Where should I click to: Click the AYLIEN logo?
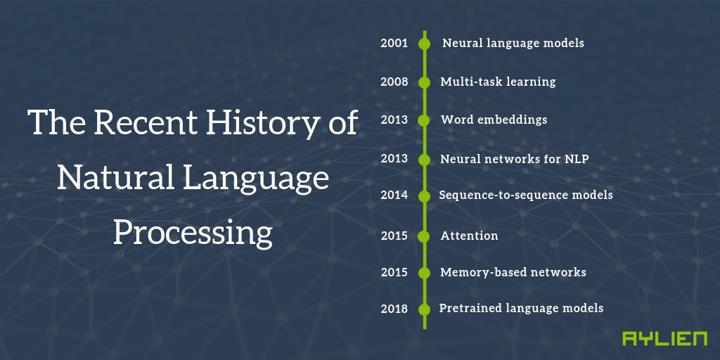664,339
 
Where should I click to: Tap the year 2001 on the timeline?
394,44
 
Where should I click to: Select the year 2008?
394,82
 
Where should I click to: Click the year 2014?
394,195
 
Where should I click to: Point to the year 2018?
394,309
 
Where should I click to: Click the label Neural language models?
513,44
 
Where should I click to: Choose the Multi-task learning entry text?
498,82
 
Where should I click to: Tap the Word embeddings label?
494,120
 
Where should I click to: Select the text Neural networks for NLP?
514,159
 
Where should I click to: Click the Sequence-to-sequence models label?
525,195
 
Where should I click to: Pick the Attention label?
469,236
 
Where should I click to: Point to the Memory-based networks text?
513,272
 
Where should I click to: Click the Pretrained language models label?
521,309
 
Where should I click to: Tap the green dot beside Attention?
424,236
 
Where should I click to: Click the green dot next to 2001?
424,44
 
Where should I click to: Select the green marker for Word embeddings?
424,120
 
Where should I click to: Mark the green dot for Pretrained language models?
424,309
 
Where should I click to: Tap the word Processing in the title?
193,232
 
